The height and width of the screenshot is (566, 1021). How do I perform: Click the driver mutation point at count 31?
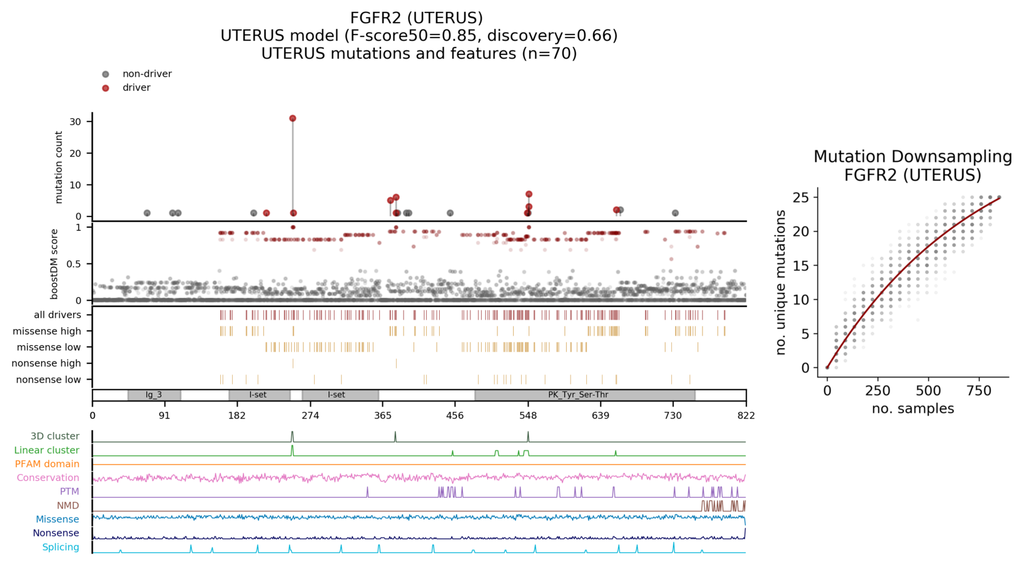293,118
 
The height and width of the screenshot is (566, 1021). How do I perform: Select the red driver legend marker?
106,88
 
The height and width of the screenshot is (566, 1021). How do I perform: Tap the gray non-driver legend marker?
106,74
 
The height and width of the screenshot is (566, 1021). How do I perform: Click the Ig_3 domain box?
154,395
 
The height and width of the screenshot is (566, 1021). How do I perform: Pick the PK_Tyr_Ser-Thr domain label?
578,395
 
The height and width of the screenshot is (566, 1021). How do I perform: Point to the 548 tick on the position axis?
528,416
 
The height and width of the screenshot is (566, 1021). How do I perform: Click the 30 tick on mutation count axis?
75,122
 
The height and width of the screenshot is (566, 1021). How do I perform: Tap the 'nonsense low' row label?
48,380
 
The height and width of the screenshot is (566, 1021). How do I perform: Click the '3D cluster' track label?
55,437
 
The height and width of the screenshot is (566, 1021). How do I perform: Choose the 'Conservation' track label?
48,478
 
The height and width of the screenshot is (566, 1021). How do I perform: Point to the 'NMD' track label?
68,505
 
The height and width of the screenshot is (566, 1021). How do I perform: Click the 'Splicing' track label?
61,547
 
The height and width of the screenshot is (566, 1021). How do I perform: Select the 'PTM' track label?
69,492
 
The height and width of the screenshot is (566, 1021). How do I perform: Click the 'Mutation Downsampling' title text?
913,157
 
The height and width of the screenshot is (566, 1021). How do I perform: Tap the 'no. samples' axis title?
913,409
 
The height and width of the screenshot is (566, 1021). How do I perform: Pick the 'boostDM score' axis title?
54,263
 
